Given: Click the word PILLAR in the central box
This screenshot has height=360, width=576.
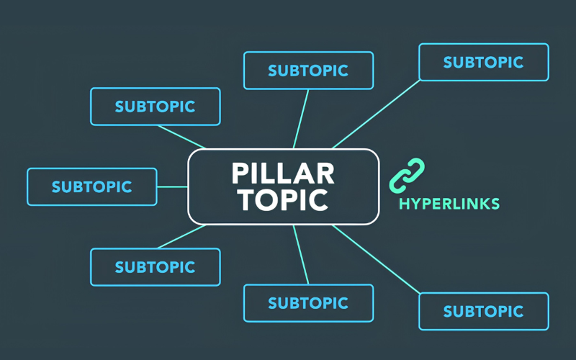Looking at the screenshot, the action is tap(283, 173).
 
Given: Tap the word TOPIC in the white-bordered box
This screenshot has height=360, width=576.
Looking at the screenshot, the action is tap(283, 200).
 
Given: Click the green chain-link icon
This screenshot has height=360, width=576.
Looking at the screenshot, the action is tap(407, 175).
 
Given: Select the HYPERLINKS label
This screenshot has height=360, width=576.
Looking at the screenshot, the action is tap(449, 204).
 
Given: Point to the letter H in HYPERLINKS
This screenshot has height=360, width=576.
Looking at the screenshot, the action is tap(405, 204).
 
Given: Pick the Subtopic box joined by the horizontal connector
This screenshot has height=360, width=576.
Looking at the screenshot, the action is tap(92, 186).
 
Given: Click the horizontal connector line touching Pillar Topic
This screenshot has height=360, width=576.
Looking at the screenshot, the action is tap(173, 186).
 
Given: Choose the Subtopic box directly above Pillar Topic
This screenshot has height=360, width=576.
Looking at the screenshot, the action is tap(309, 71).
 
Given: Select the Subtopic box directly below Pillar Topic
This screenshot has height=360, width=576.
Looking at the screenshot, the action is tap(309, 303).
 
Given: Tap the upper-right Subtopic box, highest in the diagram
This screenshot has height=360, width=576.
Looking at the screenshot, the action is tap(484, 62).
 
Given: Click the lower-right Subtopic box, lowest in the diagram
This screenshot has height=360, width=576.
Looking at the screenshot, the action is tap(484, 312).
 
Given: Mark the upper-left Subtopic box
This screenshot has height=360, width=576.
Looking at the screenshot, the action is tap(156, 107).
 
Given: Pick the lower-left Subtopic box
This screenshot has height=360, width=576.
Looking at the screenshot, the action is tap(156, 267).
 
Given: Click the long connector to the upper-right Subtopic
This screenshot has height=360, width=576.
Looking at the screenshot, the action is tap(376, 114).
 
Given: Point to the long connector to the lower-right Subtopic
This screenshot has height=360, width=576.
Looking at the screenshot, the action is tap(376, 259).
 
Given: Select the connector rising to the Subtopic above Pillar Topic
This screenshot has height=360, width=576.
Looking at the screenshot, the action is tap(301, 119).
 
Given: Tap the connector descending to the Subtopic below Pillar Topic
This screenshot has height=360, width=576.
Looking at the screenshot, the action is tap(301, 255).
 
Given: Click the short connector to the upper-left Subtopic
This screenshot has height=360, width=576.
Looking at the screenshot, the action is tap(182, 137).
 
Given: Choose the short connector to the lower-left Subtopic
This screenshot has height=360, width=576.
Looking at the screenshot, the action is tap(182, 237).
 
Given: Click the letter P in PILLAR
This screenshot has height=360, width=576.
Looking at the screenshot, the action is tap(240, 173).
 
